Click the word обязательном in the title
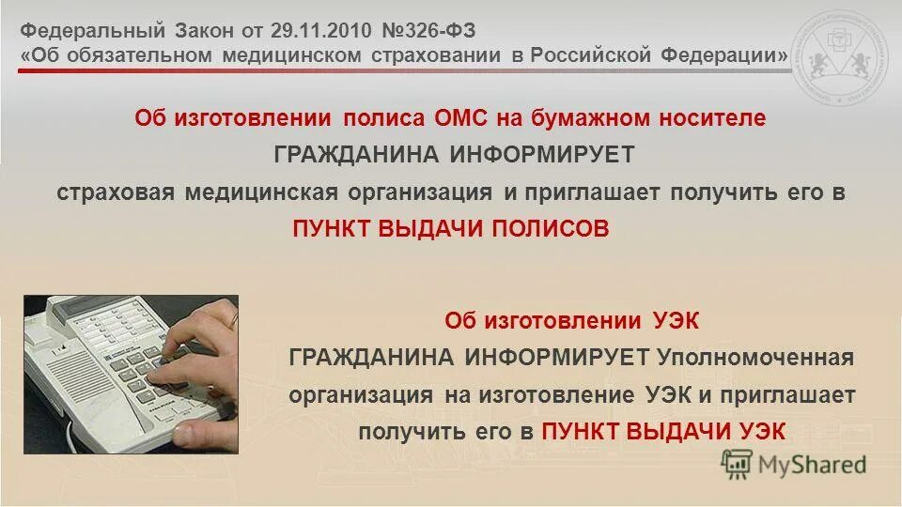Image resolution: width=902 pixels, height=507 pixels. [139, 55]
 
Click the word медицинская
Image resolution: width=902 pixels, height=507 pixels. [252, 192]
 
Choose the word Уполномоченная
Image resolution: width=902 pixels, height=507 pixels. [755, 357]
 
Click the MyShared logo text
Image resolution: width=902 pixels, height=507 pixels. [812, 463]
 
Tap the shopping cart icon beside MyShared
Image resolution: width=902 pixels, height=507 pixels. [738, 462]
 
